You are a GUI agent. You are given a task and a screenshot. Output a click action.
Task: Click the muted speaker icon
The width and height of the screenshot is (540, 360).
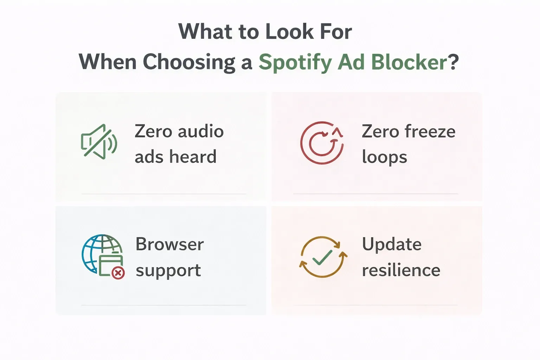[x=98, y=142]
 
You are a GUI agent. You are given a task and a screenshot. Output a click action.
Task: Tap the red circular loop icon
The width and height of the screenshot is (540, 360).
[x=322, y=143]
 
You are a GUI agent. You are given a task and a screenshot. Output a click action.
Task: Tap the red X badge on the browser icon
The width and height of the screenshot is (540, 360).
[x=118, y=272]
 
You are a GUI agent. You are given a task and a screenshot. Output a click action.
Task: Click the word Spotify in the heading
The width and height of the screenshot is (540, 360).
[x=295, y=62]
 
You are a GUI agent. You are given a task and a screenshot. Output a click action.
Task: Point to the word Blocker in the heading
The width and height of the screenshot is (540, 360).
[x=409, y=62]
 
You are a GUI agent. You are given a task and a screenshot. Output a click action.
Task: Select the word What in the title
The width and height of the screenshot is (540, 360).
[x=205, y=32]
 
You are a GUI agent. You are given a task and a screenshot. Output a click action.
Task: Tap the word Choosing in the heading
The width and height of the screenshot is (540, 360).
[x=189, y=62]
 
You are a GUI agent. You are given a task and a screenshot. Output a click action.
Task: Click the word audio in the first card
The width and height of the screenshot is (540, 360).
[x=200, y=131]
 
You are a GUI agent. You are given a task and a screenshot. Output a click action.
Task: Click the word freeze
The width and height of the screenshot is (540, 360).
[x=430, y=131]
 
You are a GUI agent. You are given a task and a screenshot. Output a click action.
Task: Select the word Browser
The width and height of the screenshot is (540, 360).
[x=169, y=244]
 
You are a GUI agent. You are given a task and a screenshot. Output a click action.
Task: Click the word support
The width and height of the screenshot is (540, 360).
[x=168, y=271]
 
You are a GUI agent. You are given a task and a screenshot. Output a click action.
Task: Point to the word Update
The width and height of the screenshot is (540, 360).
[x=392, y=244]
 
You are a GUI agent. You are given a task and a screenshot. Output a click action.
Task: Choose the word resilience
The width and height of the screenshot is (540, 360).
[x=401, y=270]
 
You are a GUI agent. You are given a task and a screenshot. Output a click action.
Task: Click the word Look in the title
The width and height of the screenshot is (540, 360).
[x=289, y=32]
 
